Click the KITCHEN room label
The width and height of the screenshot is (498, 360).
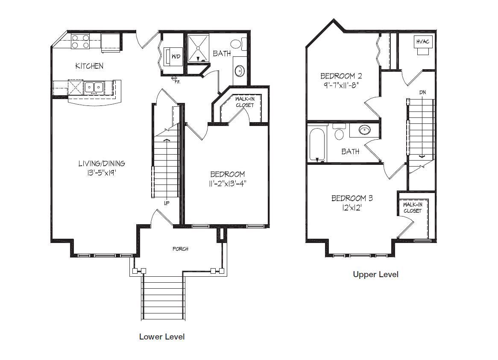point(89,66)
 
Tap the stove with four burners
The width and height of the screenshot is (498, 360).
point(80,41)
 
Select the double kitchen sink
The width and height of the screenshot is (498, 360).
point(94,87)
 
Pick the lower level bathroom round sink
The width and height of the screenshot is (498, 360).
point(240,71)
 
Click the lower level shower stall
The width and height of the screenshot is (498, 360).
point(198,48)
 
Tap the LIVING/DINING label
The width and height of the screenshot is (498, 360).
point(102,164)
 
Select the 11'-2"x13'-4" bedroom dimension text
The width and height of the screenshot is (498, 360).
point(228,184)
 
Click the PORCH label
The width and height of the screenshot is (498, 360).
point(180,249)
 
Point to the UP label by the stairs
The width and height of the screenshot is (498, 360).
point(167,204)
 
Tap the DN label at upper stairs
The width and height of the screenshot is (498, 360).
point(422,92)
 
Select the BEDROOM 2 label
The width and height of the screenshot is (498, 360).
point(341,76)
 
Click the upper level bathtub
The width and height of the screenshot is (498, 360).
point(317,145)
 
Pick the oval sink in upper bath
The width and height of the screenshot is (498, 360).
point(364,129)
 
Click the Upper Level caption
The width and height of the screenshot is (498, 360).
point(376,274)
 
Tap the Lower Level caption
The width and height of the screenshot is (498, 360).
point(162,337)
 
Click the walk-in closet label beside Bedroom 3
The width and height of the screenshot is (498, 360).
point(413,208)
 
